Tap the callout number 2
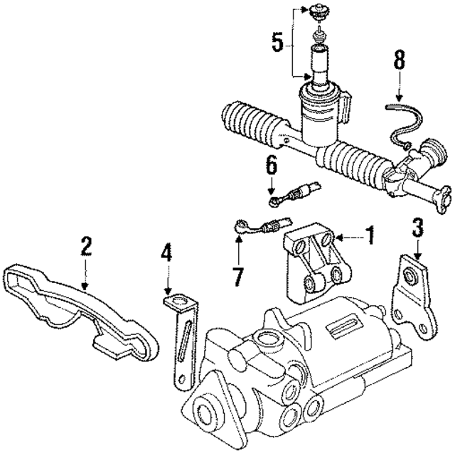tap(85, 247)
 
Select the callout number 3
tap(418, 228)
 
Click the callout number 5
tap(277, 42)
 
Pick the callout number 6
tap(270, 166)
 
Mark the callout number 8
tap(399, 60)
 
